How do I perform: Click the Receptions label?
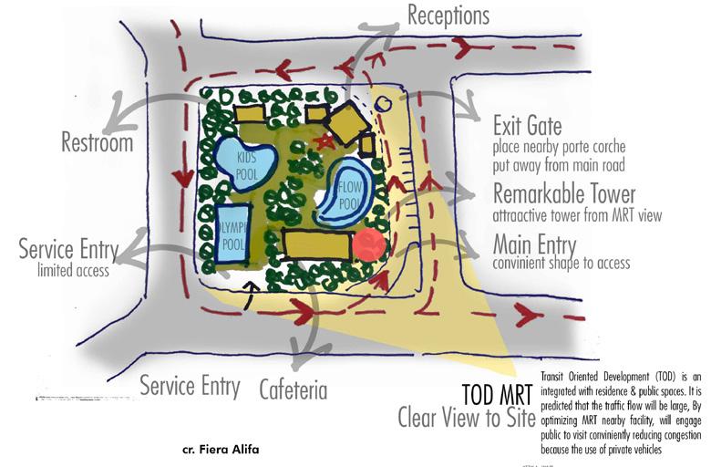coord(448,16)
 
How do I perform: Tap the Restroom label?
coord(97,142)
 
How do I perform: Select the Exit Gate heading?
coord(527,125)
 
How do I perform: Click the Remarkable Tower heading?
coord(563,194)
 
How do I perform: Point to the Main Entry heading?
coord(540,244)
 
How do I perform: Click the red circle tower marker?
coord(368,245)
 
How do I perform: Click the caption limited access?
coord(73,270)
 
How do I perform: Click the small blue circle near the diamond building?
coord(383,104)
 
